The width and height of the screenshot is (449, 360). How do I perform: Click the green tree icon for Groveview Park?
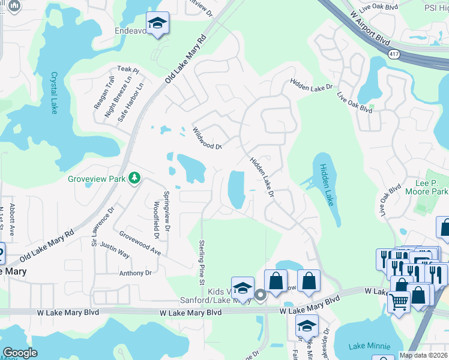(x=135, y=178)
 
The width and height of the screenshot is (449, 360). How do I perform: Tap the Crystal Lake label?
(x=55, y=93)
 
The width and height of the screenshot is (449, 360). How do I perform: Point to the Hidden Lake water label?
(x=327, y=185)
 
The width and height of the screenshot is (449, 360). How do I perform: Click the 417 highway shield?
(x=394, y=55)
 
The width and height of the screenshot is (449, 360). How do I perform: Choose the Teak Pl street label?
(x=128, y=71)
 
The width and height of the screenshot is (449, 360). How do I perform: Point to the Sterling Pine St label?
(x=202, y=260)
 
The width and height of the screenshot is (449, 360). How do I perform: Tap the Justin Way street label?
(x=115, y=250)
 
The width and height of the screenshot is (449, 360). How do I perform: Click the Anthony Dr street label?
(x=135, y=273)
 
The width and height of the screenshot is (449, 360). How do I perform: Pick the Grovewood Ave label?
(x=140, y=244)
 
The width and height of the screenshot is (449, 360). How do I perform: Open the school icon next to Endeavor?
(x=158, y=23)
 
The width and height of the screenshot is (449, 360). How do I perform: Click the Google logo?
(x=20, y=353)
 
